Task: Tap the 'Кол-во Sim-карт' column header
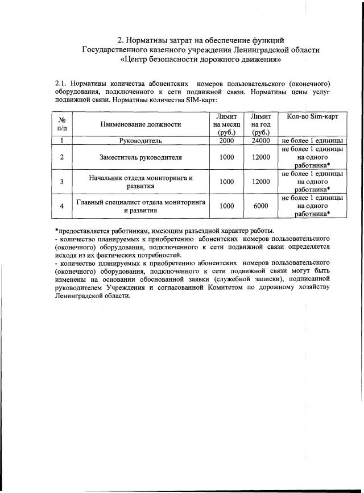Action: [311, 116]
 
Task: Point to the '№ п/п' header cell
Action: [62, 124]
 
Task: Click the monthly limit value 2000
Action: [227, 140]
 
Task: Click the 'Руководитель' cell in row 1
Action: [140, 140]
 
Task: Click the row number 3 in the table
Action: [62, 182]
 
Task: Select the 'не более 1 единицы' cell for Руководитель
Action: [311, 140]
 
